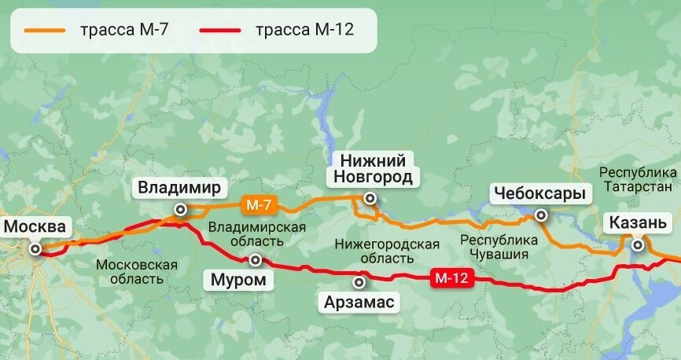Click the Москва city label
coord(35,228)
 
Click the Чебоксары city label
coord(539,193)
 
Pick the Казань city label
coord(638,224)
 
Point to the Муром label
coord(239,280)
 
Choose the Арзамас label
coord(360,302)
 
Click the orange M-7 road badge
coord(259,205)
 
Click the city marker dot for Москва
coord(35,248)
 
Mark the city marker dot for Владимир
coord(181,209)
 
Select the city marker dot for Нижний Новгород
coord(370,198)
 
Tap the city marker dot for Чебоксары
coord(541,215)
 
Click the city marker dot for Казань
coord(638,245)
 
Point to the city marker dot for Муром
coord(255,259)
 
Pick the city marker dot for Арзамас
coord(360,281)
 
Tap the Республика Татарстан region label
coord(638,179)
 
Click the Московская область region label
coord(137,272)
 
